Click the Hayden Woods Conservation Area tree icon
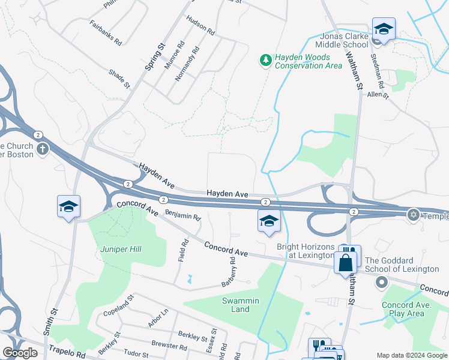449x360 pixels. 265,60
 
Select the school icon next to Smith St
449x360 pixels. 68,207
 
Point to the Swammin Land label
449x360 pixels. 236,305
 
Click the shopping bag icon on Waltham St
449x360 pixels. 346,262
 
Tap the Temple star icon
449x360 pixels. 413,214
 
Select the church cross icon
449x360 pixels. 42,149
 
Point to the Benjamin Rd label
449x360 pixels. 182,215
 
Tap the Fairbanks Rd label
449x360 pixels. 106,34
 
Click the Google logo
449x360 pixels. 20,353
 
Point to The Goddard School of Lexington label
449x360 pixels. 402,265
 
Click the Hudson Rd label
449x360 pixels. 200,25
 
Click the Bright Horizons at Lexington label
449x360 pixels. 304,251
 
